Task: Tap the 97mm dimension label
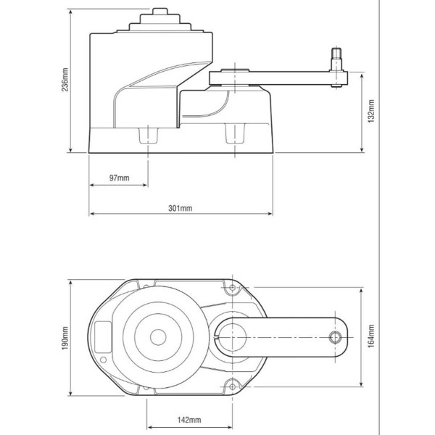point(119,178)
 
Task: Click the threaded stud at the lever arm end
point(337,57)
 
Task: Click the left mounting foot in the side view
point(147,135)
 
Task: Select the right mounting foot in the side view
point(236,135)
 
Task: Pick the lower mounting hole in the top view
point(232,385)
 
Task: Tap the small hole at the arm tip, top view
point(335,336)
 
